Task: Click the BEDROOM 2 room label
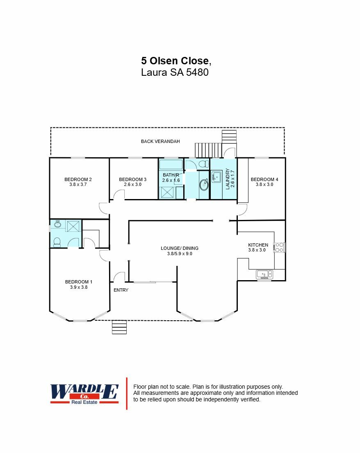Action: click(78, 179)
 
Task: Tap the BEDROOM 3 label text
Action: click(132, 179)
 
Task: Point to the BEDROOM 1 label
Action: click(79, 282)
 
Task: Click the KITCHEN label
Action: click(258, 245)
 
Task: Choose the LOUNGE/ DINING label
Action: click(179, 248)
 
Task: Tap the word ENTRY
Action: click(121, 290)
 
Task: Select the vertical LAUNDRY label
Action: click(228, 179)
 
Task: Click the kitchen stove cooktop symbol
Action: click(279, 247)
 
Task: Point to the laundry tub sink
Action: click(216, 177)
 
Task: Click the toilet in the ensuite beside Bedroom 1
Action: click(57, 242)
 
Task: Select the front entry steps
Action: click(119, 327)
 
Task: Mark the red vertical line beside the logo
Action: click(127, 393)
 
